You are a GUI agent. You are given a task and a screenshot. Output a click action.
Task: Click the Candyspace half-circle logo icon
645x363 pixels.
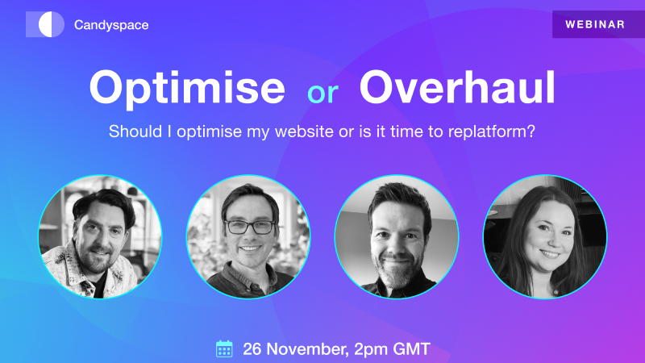(45, 24)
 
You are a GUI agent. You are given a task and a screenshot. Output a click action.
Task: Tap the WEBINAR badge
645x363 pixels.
(595, 24)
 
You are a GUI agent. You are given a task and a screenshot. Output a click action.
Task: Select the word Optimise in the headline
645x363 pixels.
(186, 89)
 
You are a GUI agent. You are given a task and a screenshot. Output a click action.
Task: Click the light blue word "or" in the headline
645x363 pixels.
(322, 93)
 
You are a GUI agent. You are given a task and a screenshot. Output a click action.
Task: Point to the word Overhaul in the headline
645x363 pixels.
(457, 89)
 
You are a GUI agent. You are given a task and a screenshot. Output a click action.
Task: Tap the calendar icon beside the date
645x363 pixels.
(224, 348)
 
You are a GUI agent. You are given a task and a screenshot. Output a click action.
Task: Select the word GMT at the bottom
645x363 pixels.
(412, 348)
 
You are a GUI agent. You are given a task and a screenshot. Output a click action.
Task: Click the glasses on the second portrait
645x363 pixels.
(249, 227)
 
